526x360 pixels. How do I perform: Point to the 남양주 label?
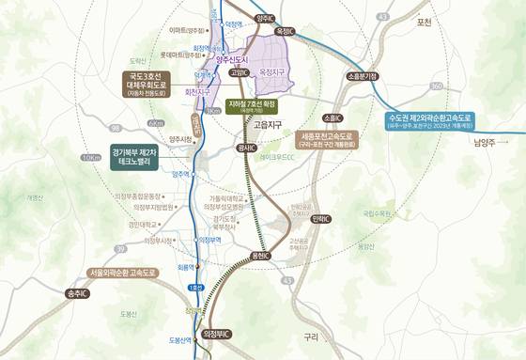(489, 142)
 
